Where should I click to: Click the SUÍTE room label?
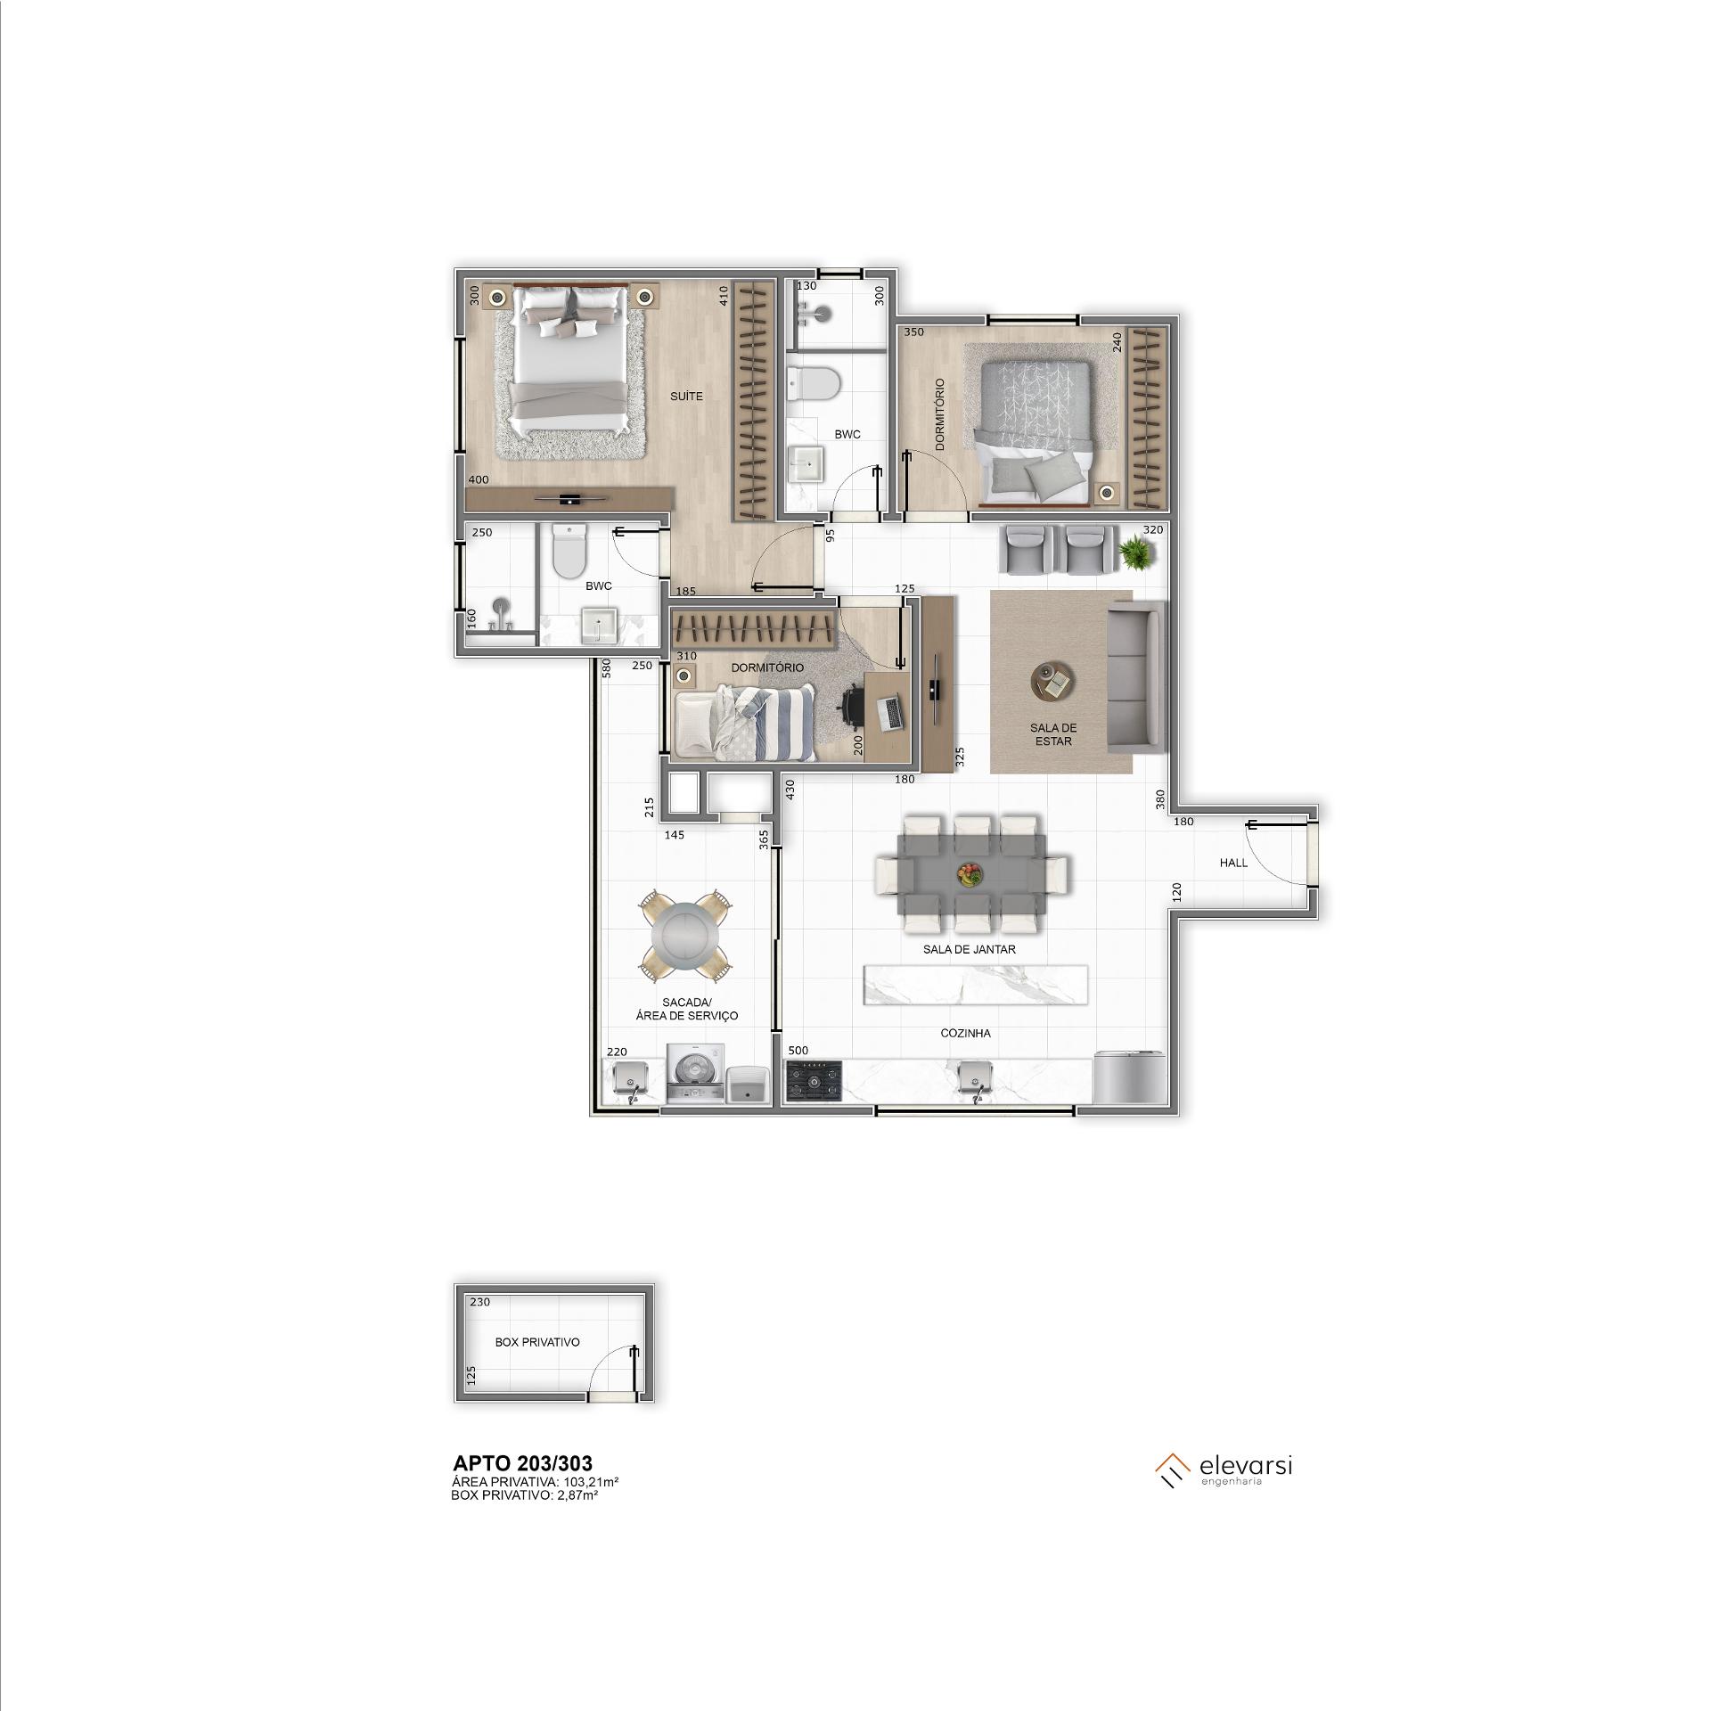tap(686, 397)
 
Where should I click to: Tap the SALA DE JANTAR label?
tap(970, 949)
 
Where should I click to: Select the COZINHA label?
tap(965, 1034)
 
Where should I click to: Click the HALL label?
tap(1233, 863)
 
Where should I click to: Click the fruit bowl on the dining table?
tap(970, 874)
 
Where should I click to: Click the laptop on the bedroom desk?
tap(891, 710)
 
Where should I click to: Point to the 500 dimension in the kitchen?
tap(798, 1051)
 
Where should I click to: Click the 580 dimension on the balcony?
tap(605, 668)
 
